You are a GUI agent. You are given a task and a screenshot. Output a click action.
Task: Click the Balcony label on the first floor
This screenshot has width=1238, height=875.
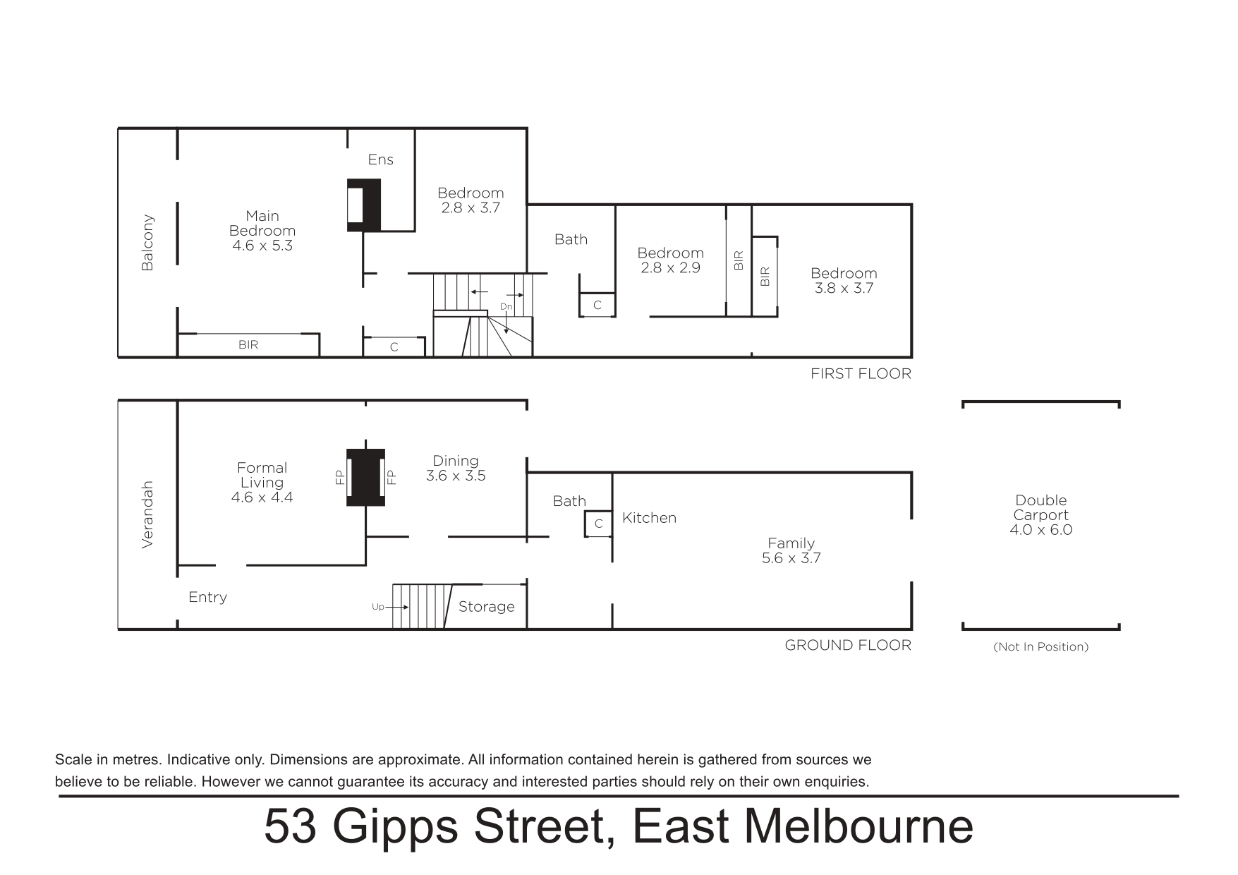147,243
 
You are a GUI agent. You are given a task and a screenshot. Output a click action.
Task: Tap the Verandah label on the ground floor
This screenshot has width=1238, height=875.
147,514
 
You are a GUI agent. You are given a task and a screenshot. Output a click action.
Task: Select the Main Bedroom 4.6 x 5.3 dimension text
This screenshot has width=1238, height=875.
262,246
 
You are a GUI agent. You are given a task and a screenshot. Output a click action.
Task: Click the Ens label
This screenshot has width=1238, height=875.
380,159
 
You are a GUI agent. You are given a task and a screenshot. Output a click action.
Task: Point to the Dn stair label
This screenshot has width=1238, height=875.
506,307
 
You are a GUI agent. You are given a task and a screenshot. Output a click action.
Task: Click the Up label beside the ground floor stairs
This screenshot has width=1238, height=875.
377,607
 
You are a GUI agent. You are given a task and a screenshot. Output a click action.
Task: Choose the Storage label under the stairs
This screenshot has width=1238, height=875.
487,607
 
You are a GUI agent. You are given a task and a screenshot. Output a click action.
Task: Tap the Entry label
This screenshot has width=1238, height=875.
207,597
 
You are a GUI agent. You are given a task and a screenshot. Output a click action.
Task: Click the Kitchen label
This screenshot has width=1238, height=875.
649,518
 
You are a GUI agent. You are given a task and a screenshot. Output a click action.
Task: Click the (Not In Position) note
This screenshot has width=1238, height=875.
1041,646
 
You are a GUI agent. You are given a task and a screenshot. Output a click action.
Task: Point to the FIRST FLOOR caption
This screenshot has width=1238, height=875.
861,374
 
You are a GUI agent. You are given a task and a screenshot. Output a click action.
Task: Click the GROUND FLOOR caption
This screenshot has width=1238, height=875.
848,645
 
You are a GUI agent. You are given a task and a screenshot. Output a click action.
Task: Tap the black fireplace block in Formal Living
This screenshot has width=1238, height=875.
365,477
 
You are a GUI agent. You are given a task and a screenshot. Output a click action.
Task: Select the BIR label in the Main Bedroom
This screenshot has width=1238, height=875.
248,345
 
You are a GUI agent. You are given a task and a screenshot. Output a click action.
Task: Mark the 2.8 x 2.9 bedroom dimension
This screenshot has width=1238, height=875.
670,268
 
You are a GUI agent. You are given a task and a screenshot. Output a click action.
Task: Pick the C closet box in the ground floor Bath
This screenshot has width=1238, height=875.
598,524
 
